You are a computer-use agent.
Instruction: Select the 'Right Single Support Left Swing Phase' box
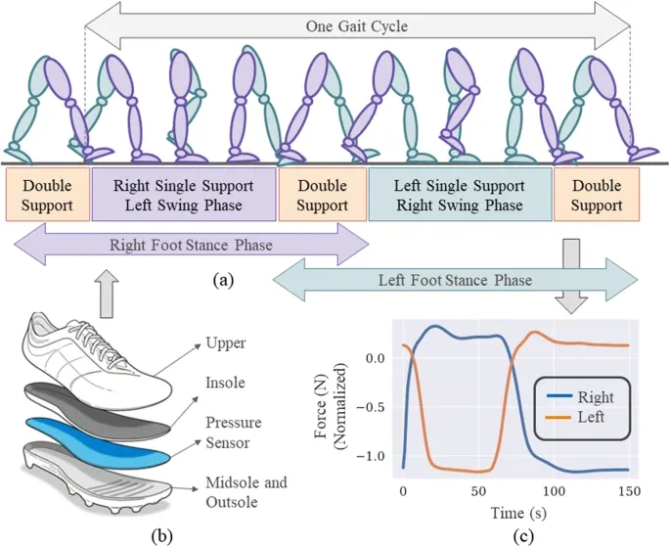[x=185, y=193]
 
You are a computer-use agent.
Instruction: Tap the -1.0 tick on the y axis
[x=375, y=455]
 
